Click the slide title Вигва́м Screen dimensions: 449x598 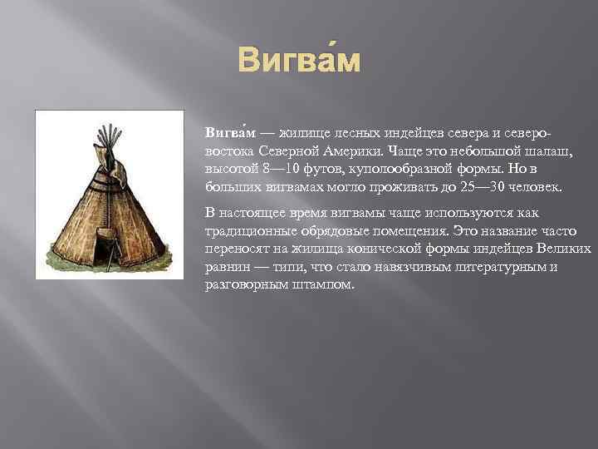(299, 61)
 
